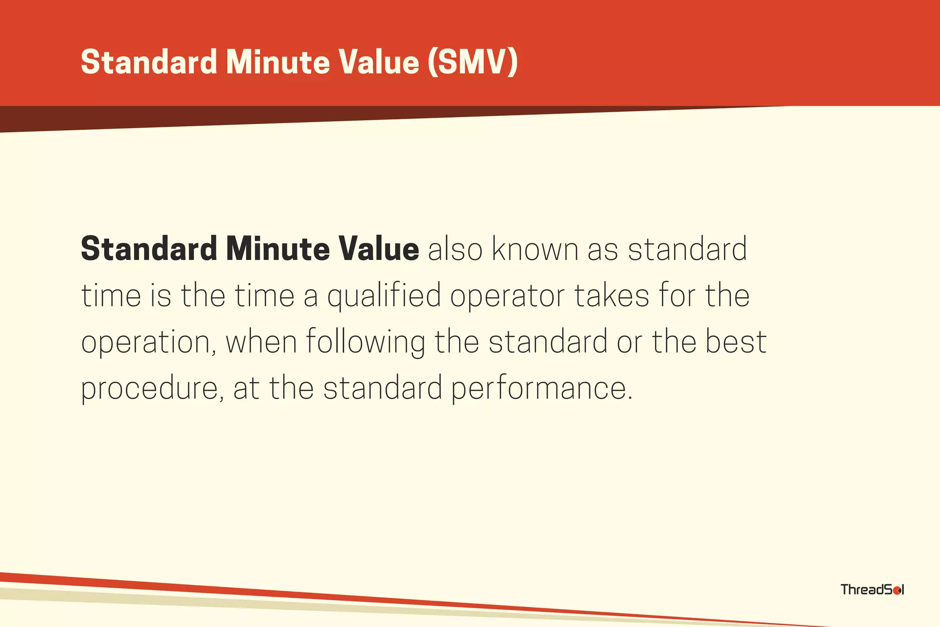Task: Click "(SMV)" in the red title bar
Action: pos(472,62)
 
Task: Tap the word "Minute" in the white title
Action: pos(278,62)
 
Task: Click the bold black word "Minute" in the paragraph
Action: pos(278,249)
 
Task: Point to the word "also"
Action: pos(455,249)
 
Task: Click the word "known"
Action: pos(535,249)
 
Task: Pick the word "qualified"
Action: pos(384,296)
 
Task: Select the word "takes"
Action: pos(612,295)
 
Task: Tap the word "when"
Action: pos(261,342)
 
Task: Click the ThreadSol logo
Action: pos(872,589)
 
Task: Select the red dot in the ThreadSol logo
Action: pos(896,590)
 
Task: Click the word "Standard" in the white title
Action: pos(149,62)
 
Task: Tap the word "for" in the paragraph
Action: pos(677,295)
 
